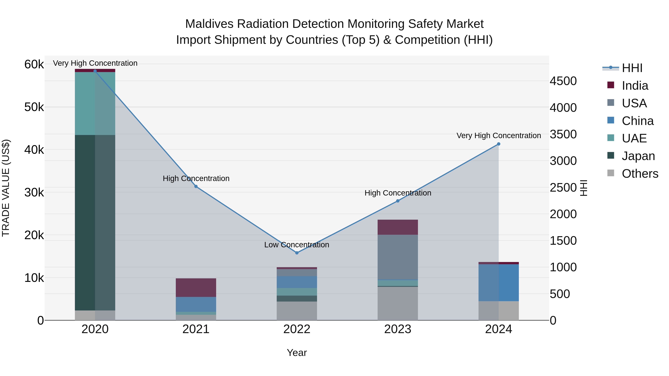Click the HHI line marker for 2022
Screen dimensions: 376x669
point(297,253)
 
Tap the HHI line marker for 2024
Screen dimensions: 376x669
point(498,144)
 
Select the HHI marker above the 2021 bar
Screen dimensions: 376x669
point(196,186)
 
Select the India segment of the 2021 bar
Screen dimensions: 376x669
point(196,287)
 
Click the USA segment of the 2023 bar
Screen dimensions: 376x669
point(398,257)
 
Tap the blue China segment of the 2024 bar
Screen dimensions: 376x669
point(498,283)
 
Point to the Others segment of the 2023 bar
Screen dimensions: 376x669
point(398,303)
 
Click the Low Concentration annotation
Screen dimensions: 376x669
point(297,245)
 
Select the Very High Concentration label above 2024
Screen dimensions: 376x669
point(498,136)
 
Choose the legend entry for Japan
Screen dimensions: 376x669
point(638,156)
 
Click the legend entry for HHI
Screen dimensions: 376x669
point(632,68)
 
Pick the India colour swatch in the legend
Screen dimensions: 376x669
point(611,85)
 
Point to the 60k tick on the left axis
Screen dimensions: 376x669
point(34,64)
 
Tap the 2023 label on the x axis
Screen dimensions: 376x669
point(398,329)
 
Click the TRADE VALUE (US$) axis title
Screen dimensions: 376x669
point(6,188)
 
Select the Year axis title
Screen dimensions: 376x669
point(297,353)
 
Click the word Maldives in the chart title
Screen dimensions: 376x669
point(209,24)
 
